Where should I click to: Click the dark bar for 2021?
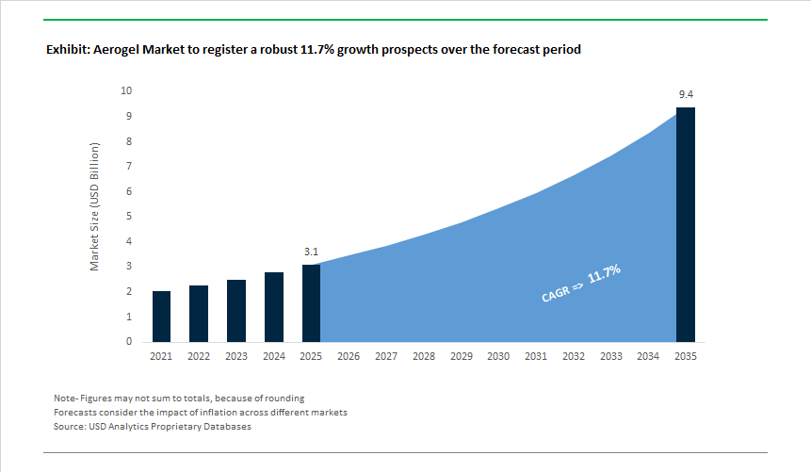point(161,317)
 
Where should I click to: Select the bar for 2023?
point(235,311)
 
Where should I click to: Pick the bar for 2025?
point(311,303)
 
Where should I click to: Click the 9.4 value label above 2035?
point(686,95)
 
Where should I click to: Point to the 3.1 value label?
point(311,252)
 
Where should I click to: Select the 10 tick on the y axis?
point(125,91)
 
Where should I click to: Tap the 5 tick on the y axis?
point(128,217)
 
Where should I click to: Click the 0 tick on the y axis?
point(128,342)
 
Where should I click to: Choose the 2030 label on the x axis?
point(498,357)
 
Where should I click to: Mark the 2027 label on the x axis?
point(386,357)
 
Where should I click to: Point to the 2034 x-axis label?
point(648,357)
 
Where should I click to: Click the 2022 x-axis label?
point(199,357)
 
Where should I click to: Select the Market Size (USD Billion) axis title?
point(94,207)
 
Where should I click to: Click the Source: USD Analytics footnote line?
point(153,427)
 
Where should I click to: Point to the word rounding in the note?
point(284,399)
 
